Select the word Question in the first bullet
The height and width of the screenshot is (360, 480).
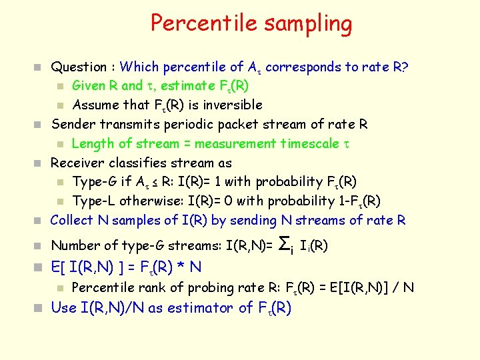point(79,67)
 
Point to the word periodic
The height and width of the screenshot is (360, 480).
point(185,124)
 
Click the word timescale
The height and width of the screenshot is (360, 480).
point(311,143)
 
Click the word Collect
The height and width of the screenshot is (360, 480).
point(72,220)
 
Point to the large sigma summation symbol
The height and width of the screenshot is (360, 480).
point(283,244)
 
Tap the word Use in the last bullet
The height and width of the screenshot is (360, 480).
point(64,308)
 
